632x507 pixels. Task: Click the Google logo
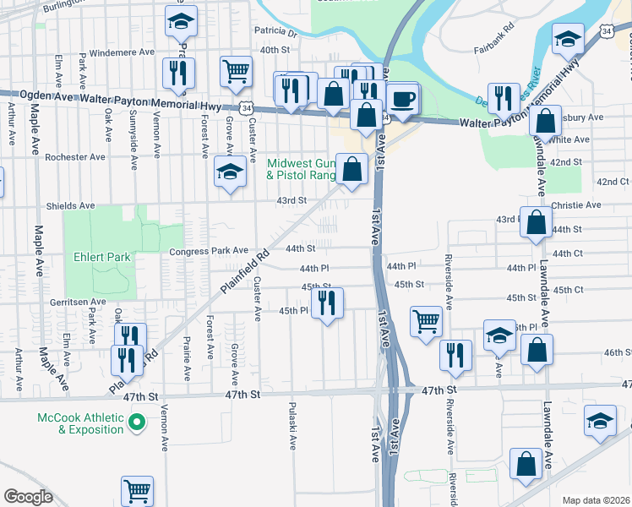(29, 497)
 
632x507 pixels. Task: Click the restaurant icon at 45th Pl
(327, 302)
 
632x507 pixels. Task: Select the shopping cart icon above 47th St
(427, 321)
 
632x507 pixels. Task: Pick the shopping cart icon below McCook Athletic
(137, 490)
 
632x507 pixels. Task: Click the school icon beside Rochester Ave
(226, 172)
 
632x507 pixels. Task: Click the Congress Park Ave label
(209, 251)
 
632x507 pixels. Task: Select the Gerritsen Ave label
(76, 301)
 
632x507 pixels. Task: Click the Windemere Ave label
(123, 52)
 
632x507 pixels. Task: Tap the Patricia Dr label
(275, 34)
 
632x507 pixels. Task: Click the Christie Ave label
(575, 205)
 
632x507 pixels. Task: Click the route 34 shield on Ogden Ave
(245, 108)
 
